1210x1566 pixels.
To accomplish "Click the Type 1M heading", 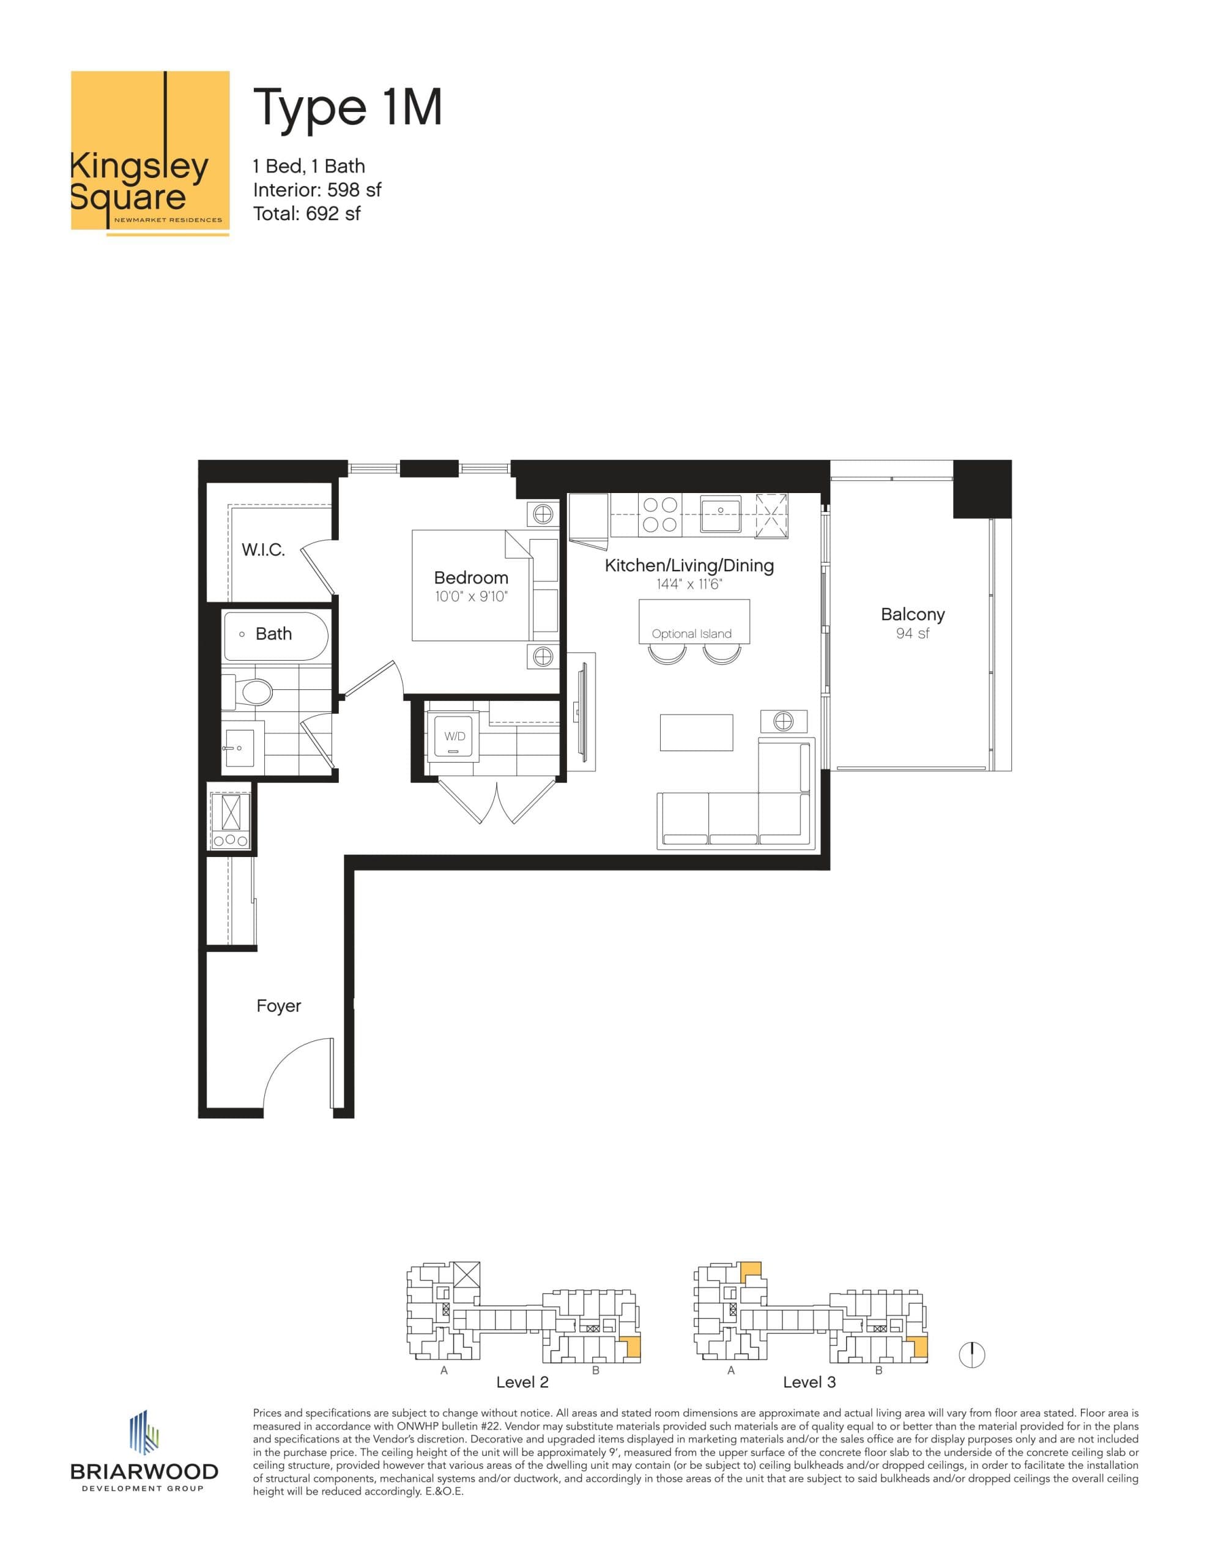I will pos(347,108).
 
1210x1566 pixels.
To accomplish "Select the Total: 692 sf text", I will pos(306,213).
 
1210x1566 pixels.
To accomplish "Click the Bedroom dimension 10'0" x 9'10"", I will pos(470,596).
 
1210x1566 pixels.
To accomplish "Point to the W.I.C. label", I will pos(263,550).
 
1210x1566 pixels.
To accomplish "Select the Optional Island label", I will pos(691,634).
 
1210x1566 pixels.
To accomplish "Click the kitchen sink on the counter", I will pos(721,513).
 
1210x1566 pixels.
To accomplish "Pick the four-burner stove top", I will pos(660,514).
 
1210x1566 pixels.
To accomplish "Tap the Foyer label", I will pos(278,1006).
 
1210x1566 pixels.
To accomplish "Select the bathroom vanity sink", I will pos(239,749).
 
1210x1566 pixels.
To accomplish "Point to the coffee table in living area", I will pos(696,732).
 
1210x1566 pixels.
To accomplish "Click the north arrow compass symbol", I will pos(972,1354).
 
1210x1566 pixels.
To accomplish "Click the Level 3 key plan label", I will pos(809,1382).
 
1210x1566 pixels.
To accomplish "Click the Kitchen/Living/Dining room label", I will pos(689,566).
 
